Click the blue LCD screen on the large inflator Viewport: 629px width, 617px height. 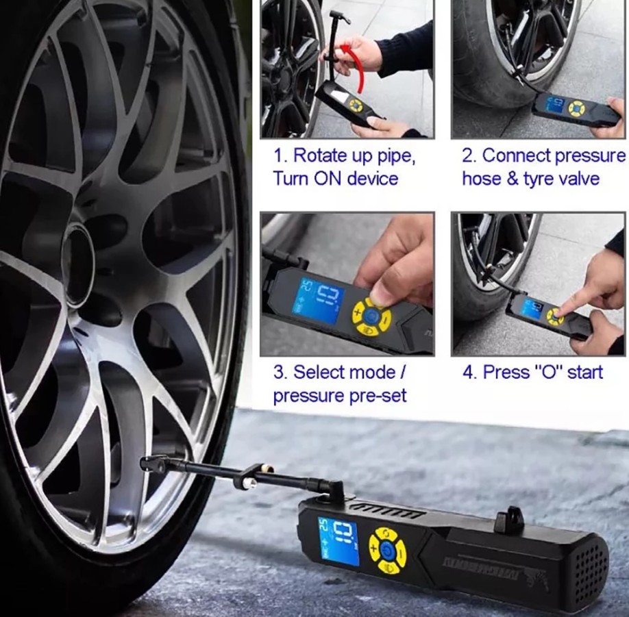point(338,540)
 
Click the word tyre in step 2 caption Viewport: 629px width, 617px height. point(541,179)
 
